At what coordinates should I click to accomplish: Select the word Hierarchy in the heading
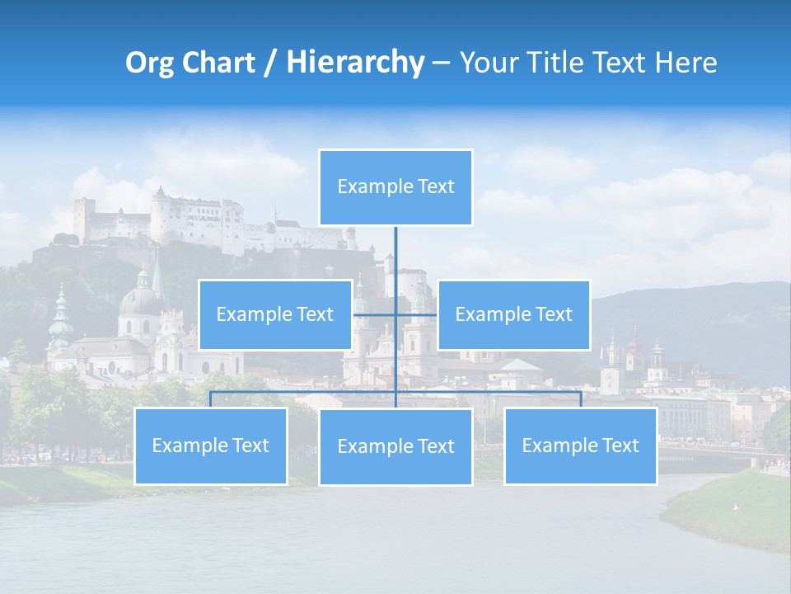click(x=355, y=63)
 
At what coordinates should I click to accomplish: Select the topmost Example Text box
click(x=395, y=187)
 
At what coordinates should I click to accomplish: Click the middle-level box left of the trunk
click(x=274, y=314)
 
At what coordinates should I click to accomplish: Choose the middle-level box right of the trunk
click(x=513, y=314)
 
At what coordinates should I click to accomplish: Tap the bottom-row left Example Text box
click(x=210, y=445)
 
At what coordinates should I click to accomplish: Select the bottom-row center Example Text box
click(x=395, y=446)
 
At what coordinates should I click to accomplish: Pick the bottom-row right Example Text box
click(x=580, y=445)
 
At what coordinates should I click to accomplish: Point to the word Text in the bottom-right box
click(x=620, y=445)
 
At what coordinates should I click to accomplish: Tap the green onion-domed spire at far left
click(x=60, y=318)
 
